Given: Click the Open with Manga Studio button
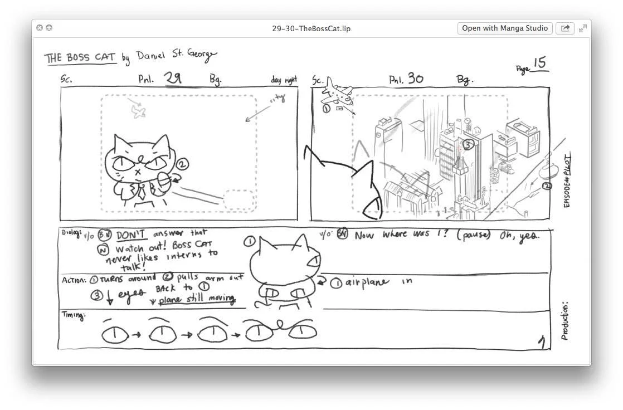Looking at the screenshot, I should [x=505, y=28].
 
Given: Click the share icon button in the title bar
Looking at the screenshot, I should [x=565, y=28].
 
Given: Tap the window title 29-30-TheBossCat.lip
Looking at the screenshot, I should [x=311, y=28].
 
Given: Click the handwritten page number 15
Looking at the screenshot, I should [x=539, y=63].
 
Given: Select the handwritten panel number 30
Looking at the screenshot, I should [x=415, y=79].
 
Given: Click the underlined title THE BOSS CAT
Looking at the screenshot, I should [x=80, y=58].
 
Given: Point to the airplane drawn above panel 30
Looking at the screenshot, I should [x=337, y=94].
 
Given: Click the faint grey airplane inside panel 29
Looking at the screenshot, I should [x=138, y=111].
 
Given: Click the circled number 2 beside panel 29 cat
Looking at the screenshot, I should [x=183, y=164].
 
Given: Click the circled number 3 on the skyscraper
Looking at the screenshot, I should [x=468, y=145].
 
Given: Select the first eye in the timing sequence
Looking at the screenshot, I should [x=114, y=334].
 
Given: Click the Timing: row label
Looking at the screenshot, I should [x=73, y=316].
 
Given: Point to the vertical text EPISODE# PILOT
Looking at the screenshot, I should [x=567, y=181].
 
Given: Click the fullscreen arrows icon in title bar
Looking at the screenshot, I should [x=583, y=28].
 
